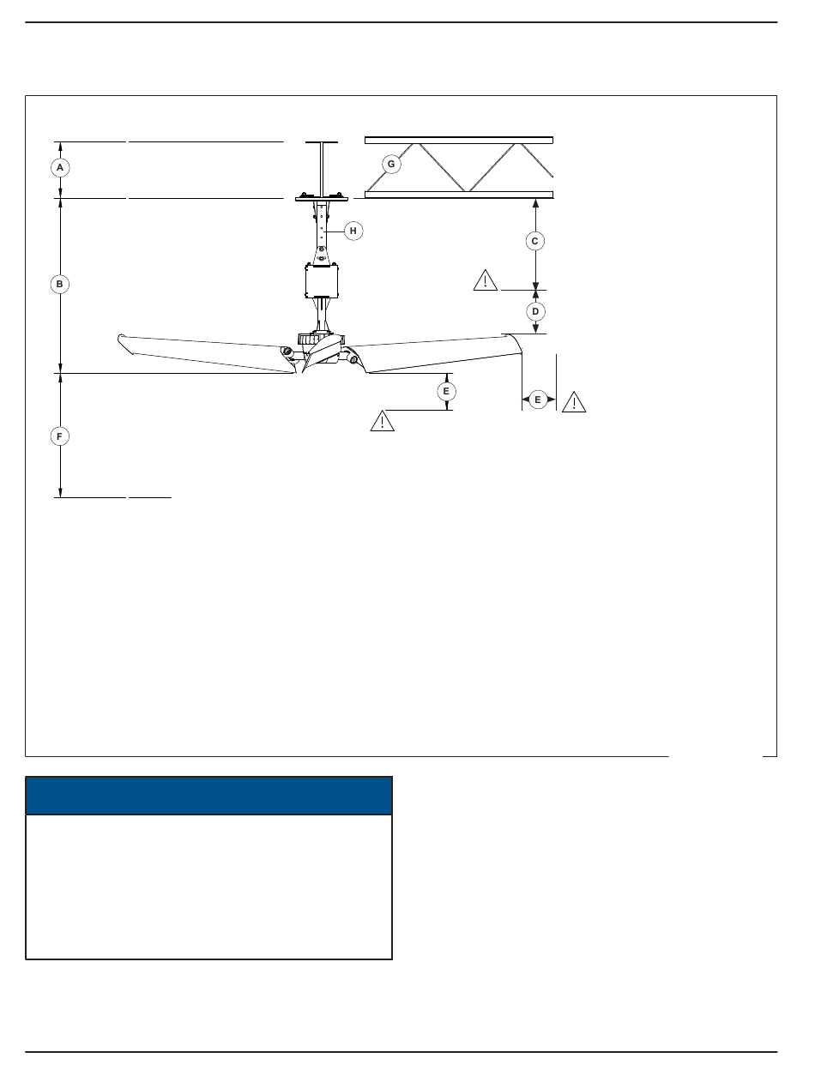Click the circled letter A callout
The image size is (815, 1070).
tap(60, 168)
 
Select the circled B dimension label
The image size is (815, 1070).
tap(60, 284)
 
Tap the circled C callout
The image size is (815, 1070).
tap(535, 241)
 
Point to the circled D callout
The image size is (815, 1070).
tap(535, 311)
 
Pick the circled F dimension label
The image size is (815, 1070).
tap(60, 436)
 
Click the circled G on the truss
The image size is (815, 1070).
tap(391, 165)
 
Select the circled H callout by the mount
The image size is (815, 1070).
tap(353, 231)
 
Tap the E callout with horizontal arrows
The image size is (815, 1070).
tap(538, 400)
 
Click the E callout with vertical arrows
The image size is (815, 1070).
tap(446, 392)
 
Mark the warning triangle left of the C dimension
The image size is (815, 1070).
tap(485, 281)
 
